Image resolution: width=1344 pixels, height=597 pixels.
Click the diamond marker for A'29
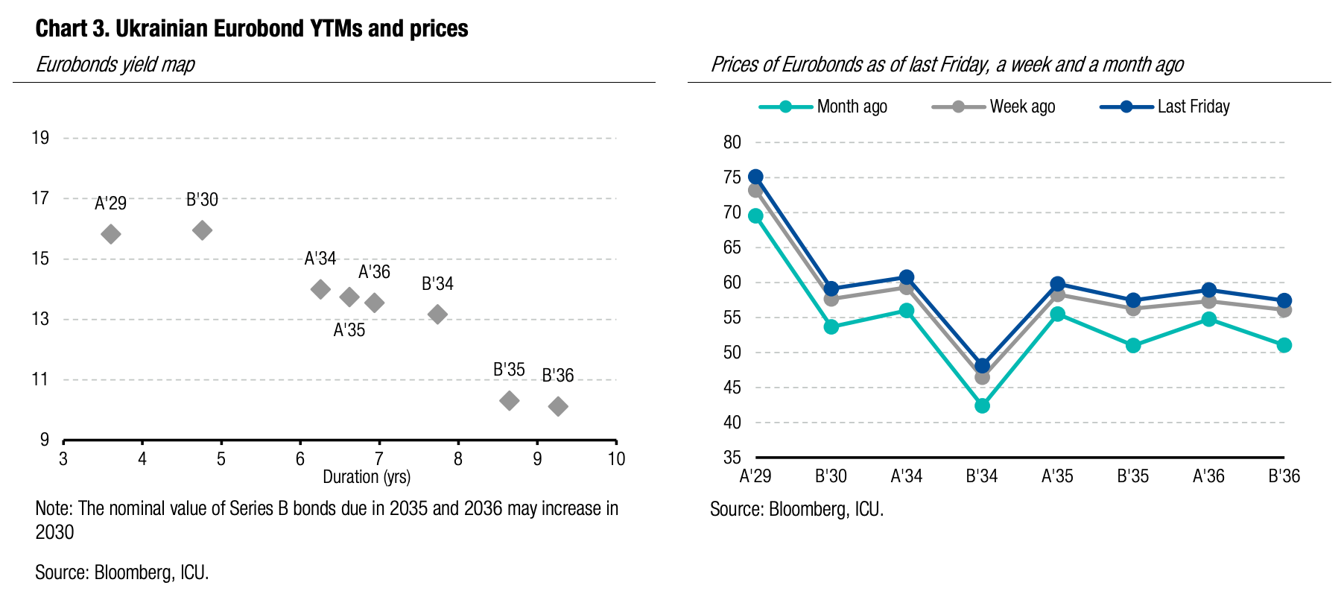111,234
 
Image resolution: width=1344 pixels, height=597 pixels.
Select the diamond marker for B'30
202,230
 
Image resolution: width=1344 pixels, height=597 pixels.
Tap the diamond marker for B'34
438,315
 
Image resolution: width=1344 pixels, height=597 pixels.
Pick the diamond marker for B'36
558,406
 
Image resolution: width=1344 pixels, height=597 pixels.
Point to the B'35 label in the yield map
509,370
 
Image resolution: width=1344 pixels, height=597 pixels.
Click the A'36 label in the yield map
374,272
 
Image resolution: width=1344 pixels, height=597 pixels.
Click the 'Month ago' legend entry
823,107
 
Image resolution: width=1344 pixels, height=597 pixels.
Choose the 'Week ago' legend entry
994,107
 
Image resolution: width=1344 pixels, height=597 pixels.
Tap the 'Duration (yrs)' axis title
367,477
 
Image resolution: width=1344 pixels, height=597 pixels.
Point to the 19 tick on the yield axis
40,138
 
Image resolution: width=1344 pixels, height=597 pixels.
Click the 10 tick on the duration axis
616,459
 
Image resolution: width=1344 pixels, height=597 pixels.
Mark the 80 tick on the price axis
732,142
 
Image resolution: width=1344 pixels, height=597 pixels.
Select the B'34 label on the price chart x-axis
981,476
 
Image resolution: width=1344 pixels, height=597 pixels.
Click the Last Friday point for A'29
755,177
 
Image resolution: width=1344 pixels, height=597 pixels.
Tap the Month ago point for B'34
982,405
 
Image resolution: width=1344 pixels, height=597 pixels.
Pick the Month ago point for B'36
1284,345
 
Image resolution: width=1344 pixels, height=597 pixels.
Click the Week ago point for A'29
755,191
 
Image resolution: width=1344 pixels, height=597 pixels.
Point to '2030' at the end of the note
54,532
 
